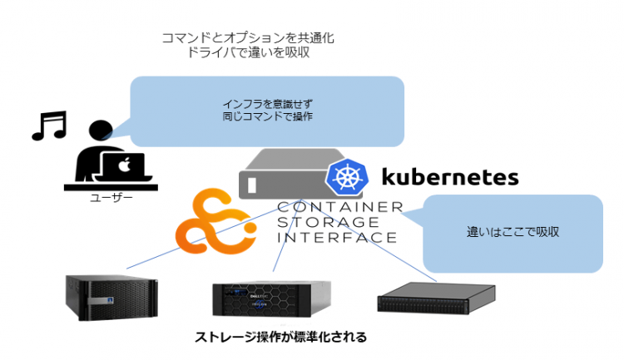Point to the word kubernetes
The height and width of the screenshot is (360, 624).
(449, 176)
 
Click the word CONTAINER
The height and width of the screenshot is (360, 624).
(339, 207)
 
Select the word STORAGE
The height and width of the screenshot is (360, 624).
(329, 222)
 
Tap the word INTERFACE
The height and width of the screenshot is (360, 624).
(337, 237)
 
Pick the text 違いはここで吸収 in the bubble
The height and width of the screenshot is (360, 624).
(513, 231)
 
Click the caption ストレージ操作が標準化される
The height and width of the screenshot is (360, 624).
(280, 337)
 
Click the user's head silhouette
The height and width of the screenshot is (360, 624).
(99, 131)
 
